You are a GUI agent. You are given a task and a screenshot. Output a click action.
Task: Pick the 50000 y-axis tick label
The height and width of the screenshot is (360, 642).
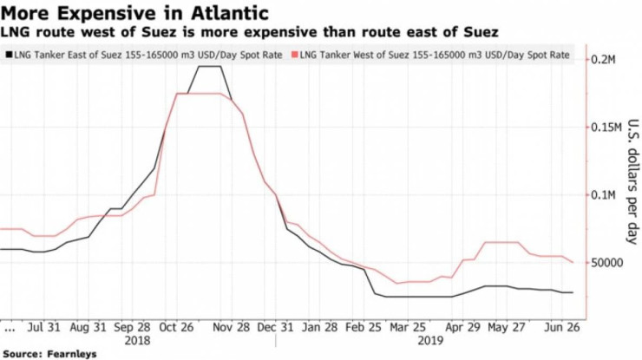click(x=611, y=263)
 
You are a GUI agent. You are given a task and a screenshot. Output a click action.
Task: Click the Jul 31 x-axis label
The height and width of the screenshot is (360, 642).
click(x=44, y=330)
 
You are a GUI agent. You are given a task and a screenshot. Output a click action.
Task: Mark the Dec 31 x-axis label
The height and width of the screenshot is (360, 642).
click(x=276, y=330)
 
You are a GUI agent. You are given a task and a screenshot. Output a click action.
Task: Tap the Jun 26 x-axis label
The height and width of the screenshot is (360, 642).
click(x=562, y=330)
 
